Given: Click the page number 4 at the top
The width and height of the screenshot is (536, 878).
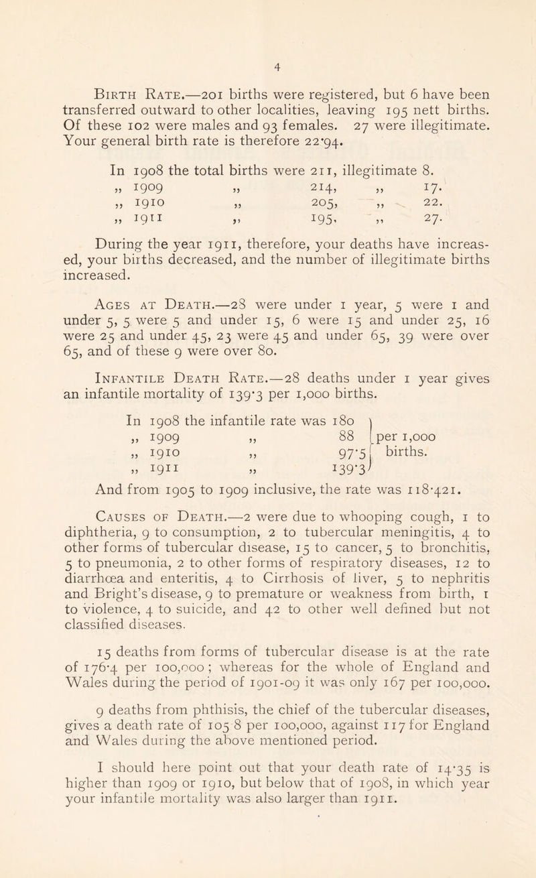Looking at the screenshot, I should pos(268,29).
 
